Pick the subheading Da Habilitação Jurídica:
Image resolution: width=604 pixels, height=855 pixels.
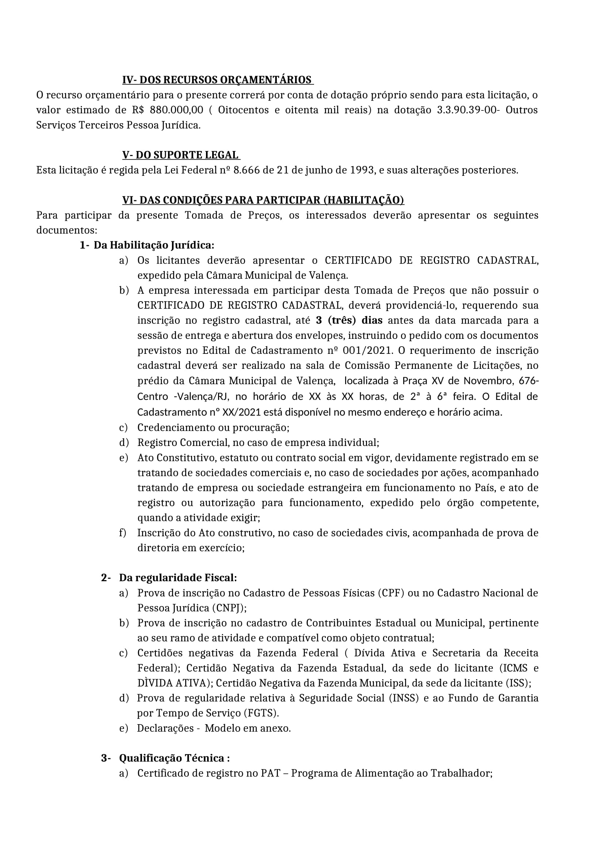[154, 245]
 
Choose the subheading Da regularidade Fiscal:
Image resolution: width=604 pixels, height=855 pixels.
[178, 578]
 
